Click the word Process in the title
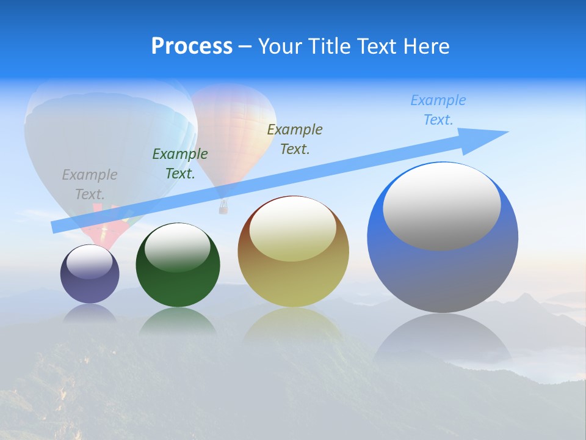[192, 46]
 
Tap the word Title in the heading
[328, 46]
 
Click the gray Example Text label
[90, 185]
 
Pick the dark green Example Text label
[180, 164]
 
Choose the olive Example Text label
[295, 139]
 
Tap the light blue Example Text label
[438, 110]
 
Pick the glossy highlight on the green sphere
[178, 247]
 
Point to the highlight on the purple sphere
[90, 261]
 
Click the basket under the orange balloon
[223, 208]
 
